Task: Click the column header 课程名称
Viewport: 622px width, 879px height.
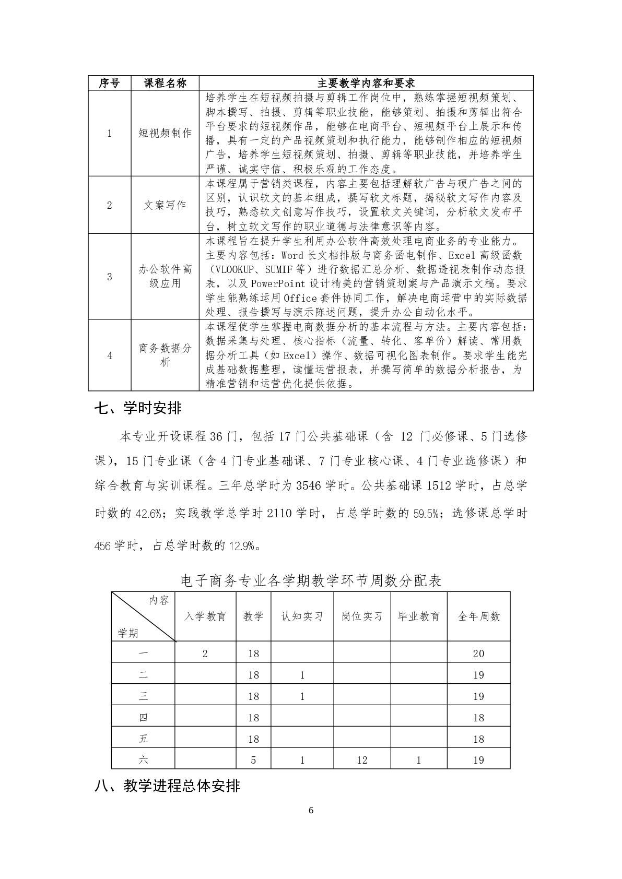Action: (165, 83)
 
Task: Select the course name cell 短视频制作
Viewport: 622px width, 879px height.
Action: (165, 133)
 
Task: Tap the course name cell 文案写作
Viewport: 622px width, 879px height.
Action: (165, 205)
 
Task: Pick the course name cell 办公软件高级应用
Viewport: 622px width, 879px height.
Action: (165, 277)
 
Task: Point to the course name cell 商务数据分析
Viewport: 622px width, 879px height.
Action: (165, 355)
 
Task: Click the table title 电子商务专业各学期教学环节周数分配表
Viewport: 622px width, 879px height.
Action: (311, 580)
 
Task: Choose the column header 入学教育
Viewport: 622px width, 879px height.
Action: (205, 616)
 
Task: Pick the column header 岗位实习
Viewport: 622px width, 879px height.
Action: (362, 616)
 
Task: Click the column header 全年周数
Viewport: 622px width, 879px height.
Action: (478, 616)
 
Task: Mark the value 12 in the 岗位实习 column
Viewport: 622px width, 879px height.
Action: (362, 760)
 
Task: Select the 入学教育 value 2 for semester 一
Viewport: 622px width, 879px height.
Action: (205, 654)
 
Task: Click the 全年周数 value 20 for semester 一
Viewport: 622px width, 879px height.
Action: (478, 654)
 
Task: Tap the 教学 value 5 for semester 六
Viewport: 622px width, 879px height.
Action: (253, 760)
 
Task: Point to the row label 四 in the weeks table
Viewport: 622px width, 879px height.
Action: (143, 718)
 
